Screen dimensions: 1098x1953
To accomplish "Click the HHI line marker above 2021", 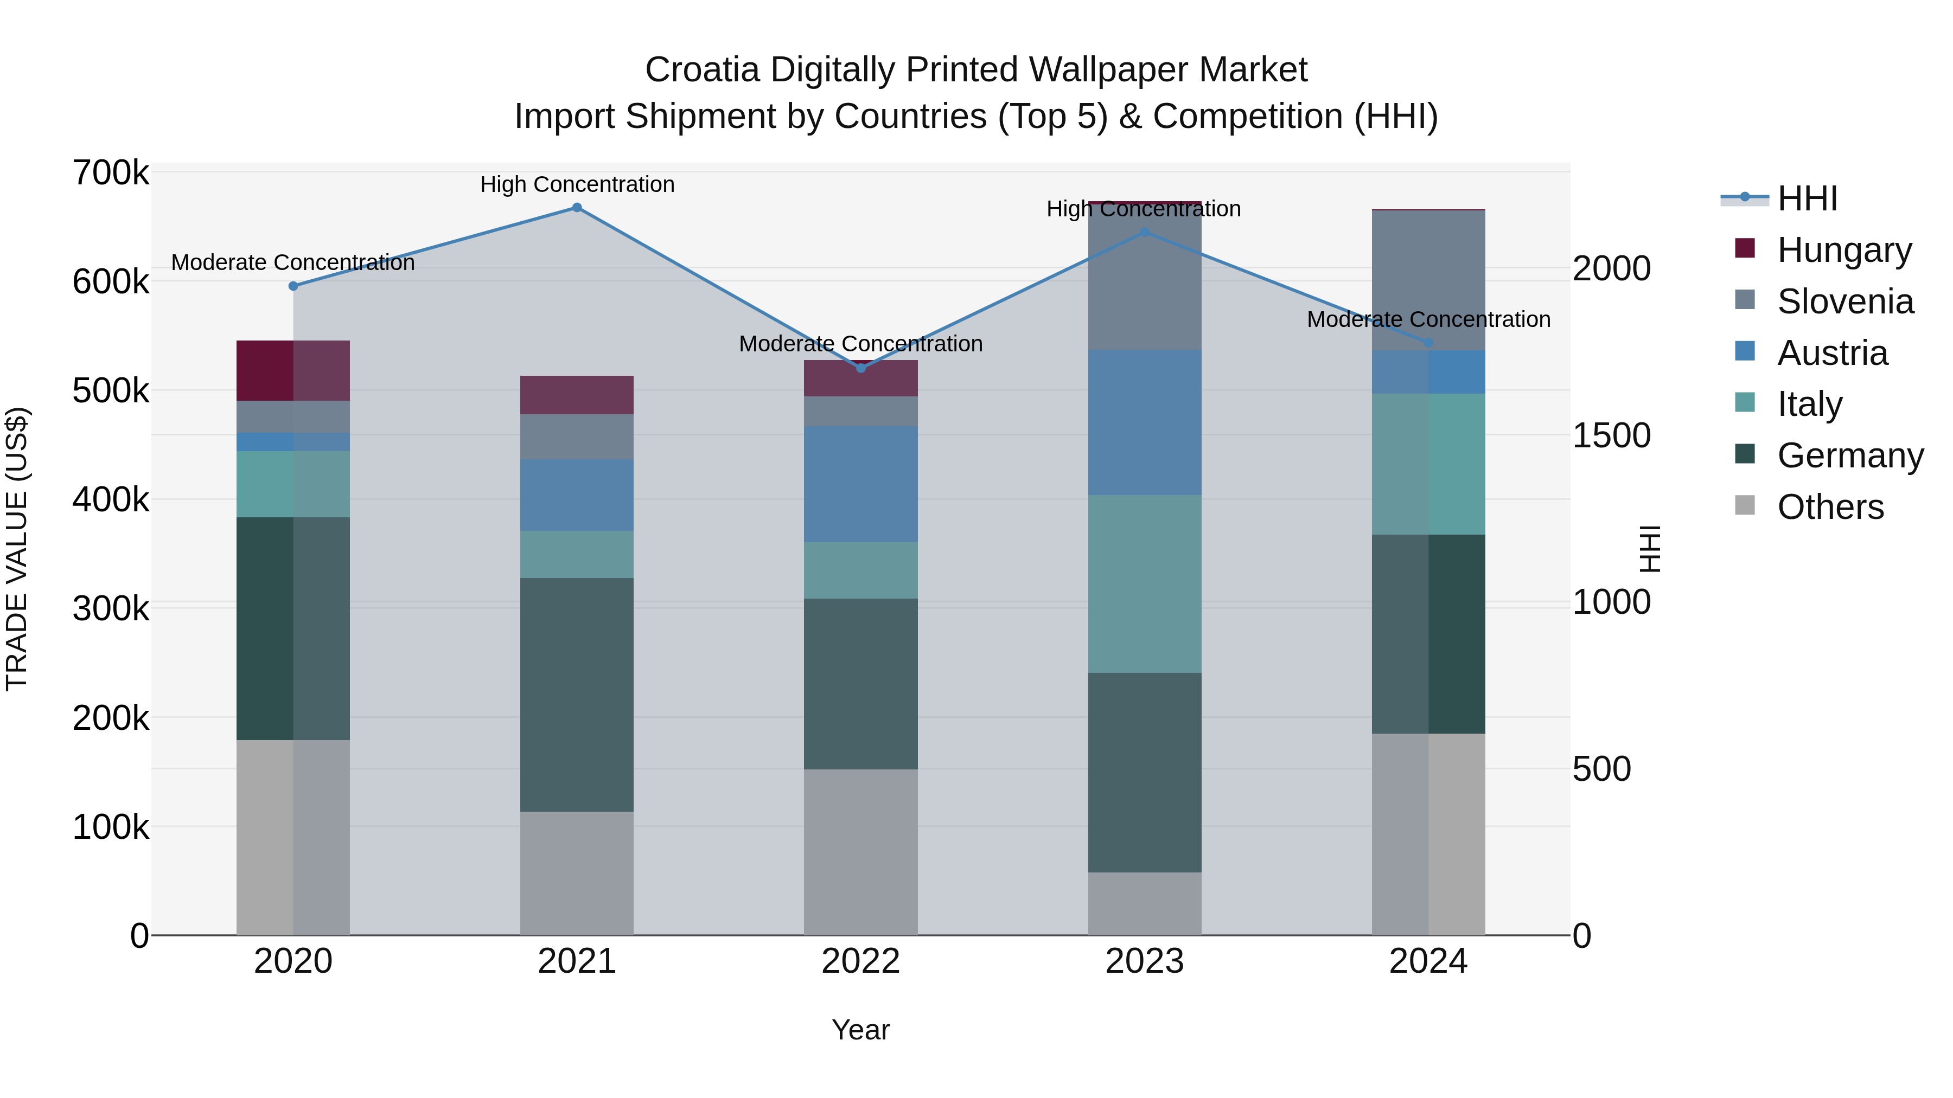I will [x=577, y=208].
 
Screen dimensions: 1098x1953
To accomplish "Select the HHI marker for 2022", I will [x=860, y=368].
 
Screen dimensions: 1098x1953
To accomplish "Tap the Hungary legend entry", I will [x=1843, y=250].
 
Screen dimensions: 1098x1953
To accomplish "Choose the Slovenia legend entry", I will [x=1844, y=301].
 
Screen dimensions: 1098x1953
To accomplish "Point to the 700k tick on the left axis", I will [x=111, y=174].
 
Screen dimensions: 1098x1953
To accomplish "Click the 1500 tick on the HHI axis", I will [x=1612, y=436].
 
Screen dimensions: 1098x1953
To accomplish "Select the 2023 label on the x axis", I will [x=1144, y=961].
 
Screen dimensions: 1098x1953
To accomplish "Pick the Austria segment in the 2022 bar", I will [x=860, y=484].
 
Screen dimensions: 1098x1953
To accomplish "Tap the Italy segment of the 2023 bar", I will [x=1144, y=583].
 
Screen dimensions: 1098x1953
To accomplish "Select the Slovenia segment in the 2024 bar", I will [x=1428, y=280].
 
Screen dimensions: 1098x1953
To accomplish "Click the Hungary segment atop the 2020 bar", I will [x=293, y=370].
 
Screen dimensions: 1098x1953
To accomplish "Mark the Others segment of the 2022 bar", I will [x=860, y=852].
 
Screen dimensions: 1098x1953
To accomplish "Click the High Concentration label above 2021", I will [x=577, y=185].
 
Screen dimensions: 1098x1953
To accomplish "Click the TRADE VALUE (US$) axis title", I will [x=17, y=549].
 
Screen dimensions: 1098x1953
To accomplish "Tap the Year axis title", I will [x=860, y=1030].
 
